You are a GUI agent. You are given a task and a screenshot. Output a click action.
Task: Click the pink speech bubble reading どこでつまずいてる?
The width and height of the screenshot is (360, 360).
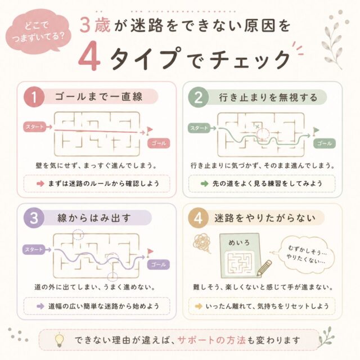38,31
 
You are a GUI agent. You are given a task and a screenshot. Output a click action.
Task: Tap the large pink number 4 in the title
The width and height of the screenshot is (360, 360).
89,56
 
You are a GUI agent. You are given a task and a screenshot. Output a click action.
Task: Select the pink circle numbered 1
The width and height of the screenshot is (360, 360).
34,97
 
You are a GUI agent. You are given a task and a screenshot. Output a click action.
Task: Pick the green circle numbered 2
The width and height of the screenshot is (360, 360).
199,97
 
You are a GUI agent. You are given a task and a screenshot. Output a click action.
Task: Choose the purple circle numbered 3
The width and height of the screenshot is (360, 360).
34,218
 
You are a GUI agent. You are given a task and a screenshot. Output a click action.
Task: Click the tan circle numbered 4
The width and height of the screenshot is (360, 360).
198,218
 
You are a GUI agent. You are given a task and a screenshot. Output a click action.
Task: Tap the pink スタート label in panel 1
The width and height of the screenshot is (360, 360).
34,127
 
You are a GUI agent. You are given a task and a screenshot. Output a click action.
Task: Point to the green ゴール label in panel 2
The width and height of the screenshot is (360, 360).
325,143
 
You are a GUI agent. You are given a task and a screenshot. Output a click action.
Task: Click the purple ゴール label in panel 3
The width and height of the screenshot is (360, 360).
159,264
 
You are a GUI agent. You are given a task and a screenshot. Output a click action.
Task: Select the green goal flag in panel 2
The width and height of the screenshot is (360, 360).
316,131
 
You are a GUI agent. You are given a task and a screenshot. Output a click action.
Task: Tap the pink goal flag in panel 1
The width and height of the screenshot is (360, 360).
149,130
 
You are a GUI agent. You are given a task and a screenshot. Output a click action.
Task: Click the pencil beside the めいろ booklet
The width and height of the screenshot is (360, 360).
264,268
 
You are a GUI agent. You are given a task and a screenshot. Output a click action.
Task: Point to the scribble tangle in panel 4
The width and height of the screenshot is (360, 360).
202,243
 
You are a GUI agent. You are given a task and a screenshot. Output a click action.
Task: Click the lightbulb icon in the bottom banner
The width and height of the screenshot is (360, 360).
60,340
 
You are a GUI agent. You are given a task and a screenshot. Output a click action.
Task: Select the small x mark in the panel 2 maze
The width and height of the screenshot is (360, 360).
258,127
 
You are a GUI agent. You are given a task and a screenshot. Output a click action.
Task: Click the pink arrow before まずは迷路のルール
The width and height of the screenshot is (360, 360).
40,184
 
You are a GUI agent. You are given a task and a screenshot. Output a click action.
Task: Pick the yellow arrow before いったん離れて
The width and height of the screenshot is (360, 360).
199,306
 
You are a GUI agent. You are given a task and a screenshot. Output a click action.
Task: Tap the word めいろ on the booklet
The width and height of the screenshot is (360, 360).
239,242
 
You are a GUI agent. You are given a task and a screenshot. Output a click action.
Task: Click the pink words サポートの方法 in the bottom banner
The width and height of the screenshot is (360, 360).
211,340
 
